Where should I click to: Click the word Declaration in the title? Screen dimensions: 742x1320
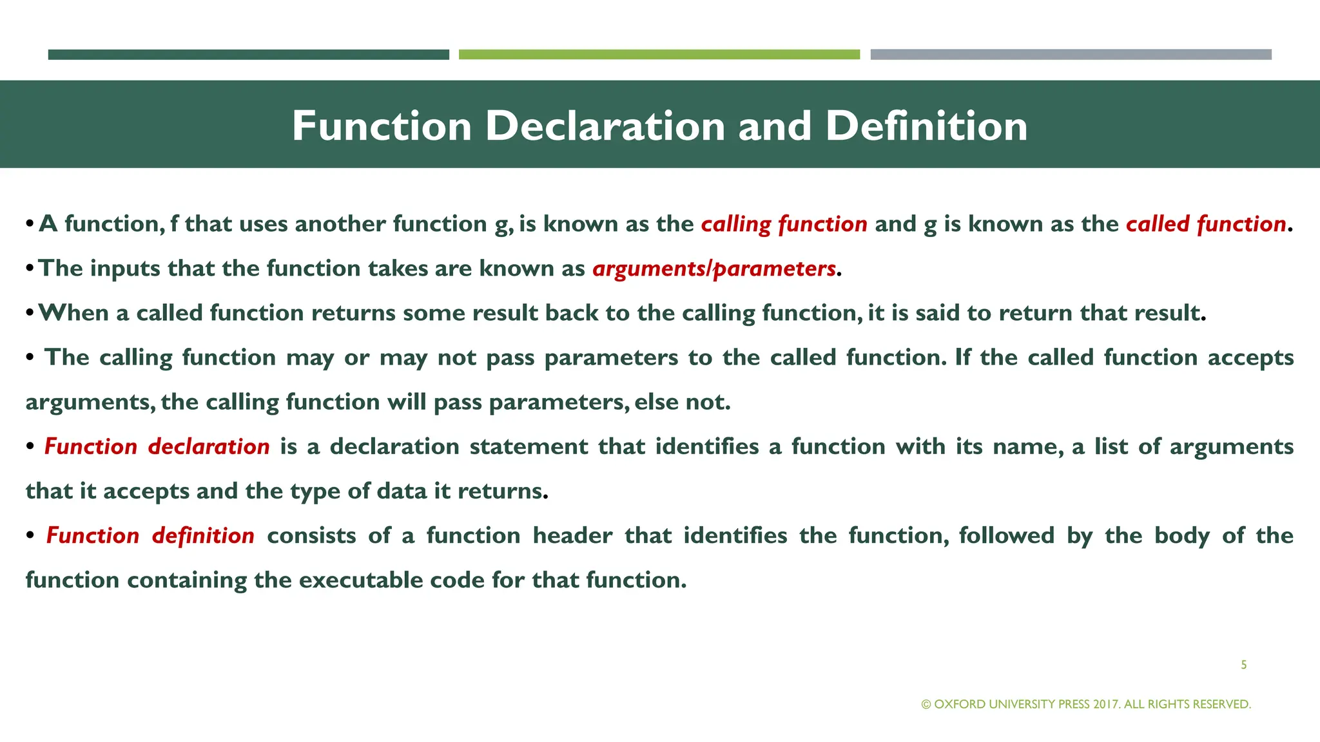[x=606, y=126]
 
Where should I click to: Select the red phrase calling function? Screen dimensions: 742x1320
[x=784, y=224]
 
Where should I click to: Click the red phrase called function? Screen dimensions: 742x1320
[x=1206, y=224]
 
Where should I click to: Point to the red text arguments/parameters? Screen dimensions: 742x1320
[x=714, y=269]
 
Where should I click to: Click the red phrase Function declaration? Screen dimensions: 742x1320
[x=157, y=446]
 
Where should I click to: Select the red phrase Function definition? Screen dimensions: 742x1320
[x=150, y=535]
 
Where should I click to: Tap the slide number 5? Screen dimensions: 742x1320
[x=1243, y=665]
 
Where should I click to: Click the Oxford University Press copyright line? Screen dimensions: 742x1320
[x=1086, y=704]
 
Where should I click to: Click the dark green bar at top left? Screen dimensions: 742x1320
[x=248, y=55]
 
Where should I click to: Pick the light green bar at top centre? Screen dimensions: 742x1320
[x=659, y=55]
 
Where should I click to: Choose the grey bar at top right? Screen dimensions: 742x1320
[x=1071, y=55]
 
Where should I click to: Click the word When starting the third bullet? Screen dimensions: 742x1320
[x=73, y=313]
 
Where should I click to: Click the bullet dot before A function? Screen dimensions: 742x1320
[x=30, y=224]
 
